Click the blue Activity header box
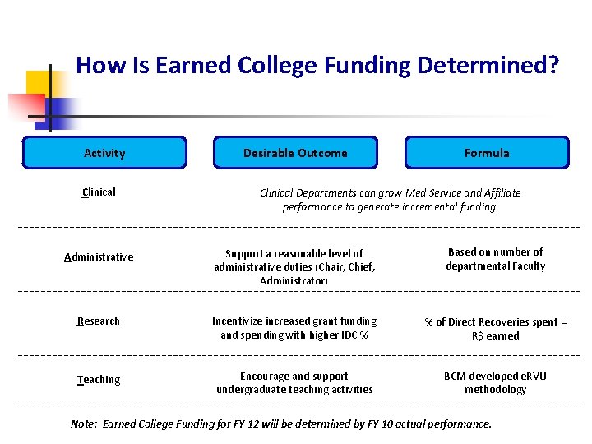point(104,153)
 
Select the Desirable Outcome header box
point(295,153)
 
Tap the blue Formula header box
point(487,153)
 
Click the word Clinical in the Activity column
point(99,192)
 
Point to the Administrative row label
point(99,257)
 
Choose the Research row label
point(99,321)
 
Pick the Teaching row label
point(99,380)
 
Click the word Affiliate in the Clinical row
point(498,193)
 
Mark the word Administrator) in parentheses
point(294,281)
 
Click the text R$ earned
point(495,336)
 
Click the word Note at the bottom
point(83,424)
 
